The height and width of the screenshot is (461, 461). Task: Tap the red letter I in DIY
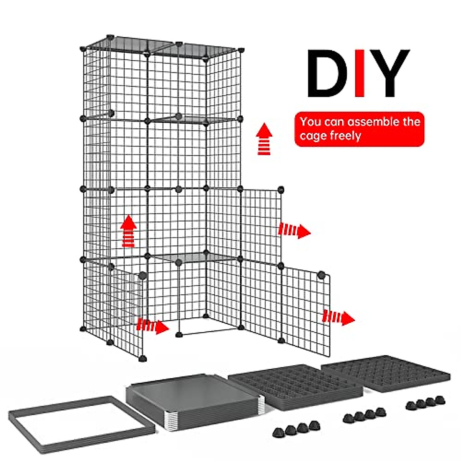pos(360,73)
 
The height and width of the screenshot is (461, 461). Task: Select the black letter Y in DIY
pos(389,73)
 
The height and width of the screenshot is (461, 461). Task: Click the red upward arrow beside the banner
pos(264,139)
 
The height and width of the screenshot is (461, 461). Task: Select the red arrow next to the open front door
pos(153,326)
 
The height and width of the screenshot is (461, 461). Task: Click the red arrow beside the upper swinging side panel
pos(294,230)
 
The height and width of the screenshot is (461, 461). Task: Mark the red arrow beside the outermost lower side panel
pos(338,318)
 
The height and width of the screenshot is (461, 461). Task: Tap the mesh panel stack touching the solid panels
pos(296,386)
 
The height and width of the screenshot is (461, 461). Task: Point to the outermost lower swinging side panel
pos(306,309)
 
